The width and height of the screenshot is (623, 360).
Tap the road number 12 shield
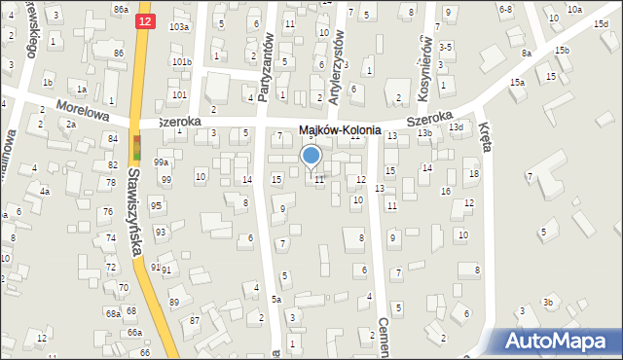[145, 20]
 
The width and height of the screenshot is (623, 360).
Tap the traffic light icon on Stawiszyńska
[135, 148]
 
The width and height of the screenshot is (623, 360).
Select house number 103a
[179, 26]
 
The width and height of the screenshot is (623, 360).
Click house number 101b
[182, 61]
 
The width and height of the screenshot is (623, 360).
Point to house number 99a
[161, 162]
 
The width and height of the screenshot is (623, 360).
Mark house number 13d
[456, 127]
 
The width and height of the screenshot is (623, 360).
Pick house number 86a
[120, 9]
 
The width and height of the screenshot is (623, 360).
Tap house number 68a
[114, 313]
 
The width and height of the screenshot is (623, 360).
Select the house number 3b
[549, 303]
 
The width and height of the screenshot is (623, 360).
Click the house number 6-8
[505, 9]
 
